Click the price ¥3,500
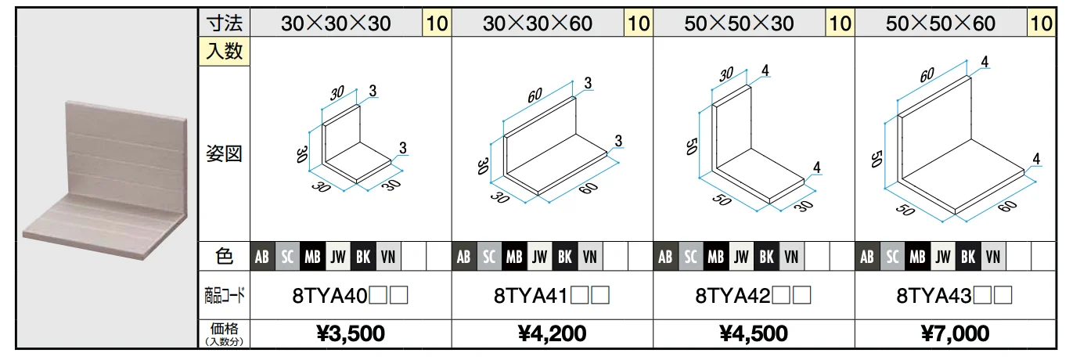[351, 333]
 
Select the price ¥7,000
[955, 333]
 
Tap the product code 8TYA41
[531, 295]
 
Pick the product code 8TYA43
[934, 295]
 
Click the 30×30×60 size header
[538, 23]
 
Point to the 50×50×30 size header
[739, 23]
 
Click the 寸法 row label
[225, 23]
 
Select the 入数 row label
[225, 51]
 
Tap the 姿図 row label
[224, 153]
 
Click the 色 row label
[225, 256]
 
